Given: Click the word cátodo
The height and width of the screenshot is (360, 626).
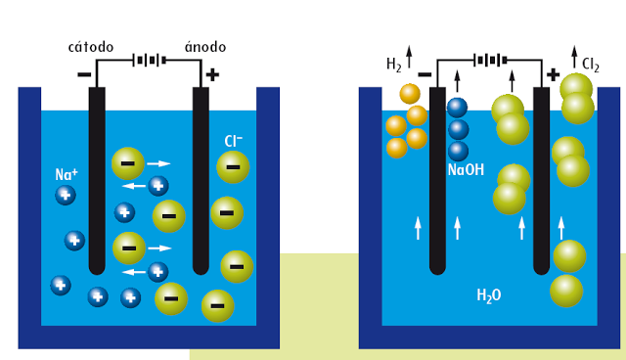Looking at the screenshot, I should click(x=91, y=47).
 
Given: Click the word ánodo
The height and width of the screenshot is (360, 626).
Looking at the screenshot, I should click(x=206, y=47).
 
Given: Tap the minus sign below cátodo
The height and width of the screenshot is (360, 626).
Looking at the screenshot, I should click(x=84, y=74).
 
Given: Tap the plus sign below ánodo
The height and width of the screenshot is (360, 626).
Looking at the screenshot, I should click(x=212, y=74).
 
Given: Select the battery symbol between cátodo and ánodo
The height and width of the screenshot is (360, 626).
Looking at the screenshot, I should click(x=149, y=60).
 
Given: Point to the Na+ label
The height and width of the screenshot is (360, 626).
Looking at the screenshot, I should click(x=67, y=175).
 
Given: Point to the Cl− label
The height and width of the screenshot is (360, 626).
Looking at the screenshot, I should click(x=234, y=142).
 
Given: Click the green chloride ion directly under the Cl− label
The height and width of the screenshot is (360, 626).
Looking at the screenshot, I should click(x=233, y=168).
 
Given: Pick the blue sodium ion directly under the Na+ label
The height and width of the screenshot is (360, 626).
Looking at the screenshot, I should click(x=66, y=195).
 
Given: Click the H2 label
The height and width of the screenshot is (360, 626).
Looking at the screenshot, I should click(x=394, y=65).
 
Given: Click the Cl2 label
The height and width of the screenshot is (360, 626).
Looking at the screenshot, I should click(x=591, y=66).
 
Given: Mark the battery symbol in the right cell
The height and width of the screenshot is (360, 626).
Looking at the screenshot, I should click(x=488, y=60).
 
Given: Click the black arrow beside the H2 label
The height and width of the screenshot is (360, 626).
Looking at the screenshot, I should click(x=409, y=55).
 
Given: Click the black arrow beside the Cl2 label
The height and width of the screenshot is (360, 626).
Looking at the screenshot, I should click(x=572, y=55).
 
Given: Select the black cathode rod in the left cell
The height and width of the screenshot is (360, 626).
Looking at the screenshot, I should click(x=96, y=181).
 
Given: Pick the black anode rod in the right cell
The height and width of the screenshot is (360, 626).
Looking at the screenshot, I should click(x=541, y=181).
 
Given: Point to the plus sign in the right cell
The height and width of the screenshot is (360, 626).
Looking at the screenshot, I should click(x=553, y=74).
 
